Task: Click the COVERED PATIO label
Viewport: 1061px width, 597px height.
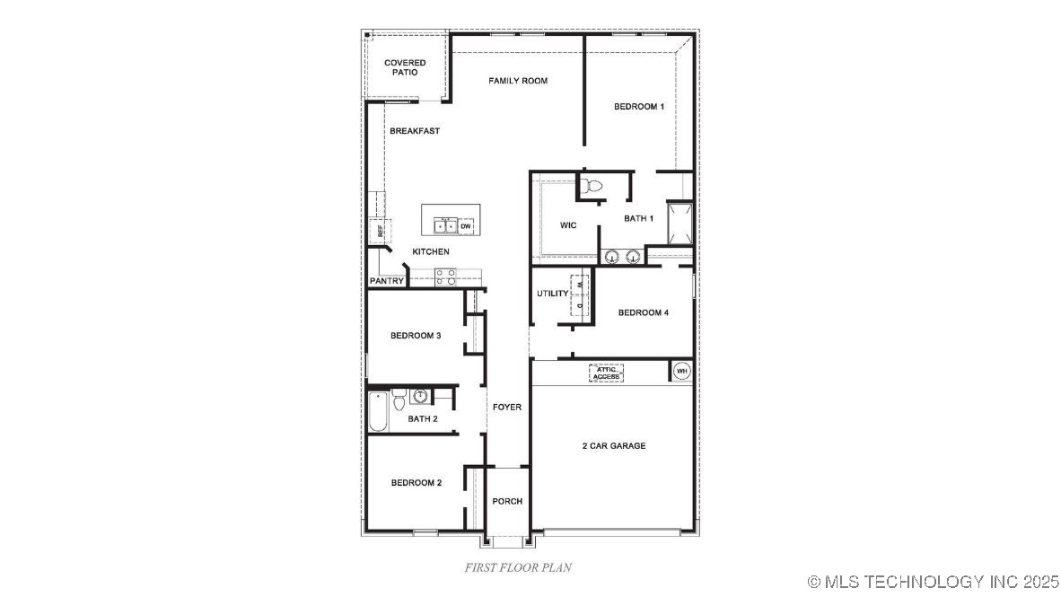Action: [x=405, y=67]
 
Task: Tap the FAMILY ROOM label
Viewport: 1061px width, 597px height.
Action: [x=518, y=81]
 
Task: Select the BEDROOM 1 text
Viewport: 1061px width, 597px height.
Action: [x=639, y=107]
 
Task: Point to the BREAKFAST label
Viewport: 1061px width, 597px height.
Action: [x=415, y=131]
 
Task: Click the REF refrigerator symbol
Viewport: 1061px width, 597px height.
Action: [x=380, y=231]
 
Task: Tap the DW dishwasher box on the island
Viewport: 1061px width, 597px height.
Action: [x=465, y=226]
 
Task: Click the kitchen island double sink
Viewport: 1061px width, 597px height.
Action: [x=445, y=226]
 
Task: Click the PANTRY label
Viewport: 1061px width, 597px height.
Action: [x=386, y=281]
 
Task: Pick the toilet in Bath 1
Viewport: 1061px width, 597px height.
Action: [x=591, y=187]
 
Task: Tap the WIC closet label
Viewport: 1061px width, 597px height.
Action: [x=567, y=224]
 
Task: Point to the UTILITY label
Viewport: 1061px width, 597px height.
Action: [x=552, y=294]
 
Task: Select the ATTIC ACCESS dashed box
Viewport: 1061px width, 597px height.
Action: [x=606, y=373]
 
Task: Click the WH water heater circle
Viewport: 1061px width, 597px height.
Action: [x=681, y=371]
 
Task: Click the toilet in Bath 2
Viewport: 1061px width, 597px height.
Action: [x=419, y=397]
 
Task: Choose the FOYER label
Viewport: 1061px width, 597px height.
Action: [x=507, y=408]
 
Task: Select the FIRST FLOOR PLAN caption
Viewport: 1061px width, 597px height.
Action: [x=518, y=567]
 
